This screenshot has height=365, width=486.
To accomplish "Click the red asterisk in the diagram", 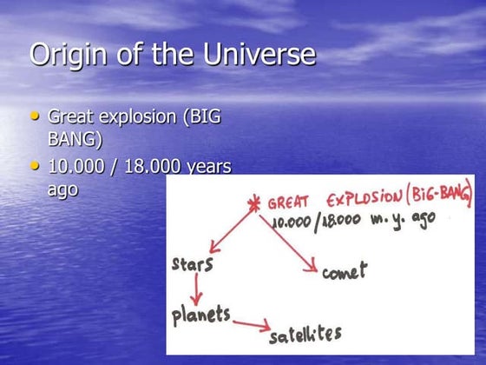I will pos(255,205).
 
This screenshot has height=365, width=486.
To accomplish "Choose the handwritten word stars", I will pos(194,263).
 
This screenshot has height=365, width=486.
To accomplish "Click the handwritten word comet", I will pos(345,271).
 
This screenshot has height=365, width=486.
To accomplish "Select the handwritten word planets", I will pos(201,313).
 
